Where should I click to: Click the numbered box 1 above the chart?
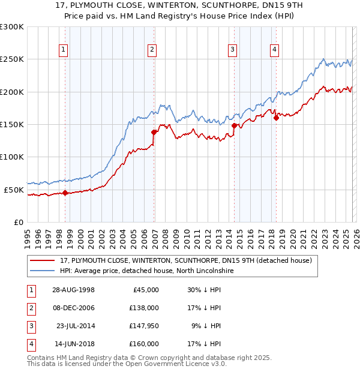63,50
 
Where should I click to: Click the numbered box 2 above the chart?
152,50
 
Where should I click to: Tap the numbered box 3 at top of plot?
233,50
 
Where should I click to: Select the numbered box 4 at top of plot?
274,50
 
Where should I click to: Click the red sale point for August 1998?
65,193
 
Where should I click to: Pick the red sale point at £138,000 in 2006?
154,132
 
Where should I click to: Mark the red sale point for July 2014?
234,125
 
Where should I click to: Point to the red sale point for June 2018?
276,118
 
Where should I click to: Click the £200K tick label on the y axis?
12,92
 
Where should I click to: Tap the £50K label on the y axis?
14,190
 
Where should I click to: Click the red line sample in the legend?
43,261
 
